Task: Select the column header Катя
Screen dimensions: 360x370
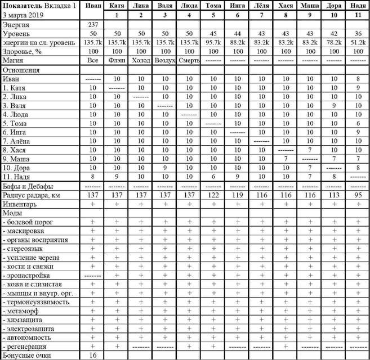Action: (117, 5)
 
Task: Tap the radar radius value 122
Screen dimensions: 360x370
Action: (213, 195)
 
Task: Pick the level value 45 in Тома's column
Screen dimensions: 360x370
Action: (213, 33)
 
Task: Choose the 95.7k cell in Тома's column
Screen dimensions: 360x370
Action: (213, 42)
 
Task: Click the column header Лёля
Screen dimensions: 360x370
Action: (261, 5)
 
